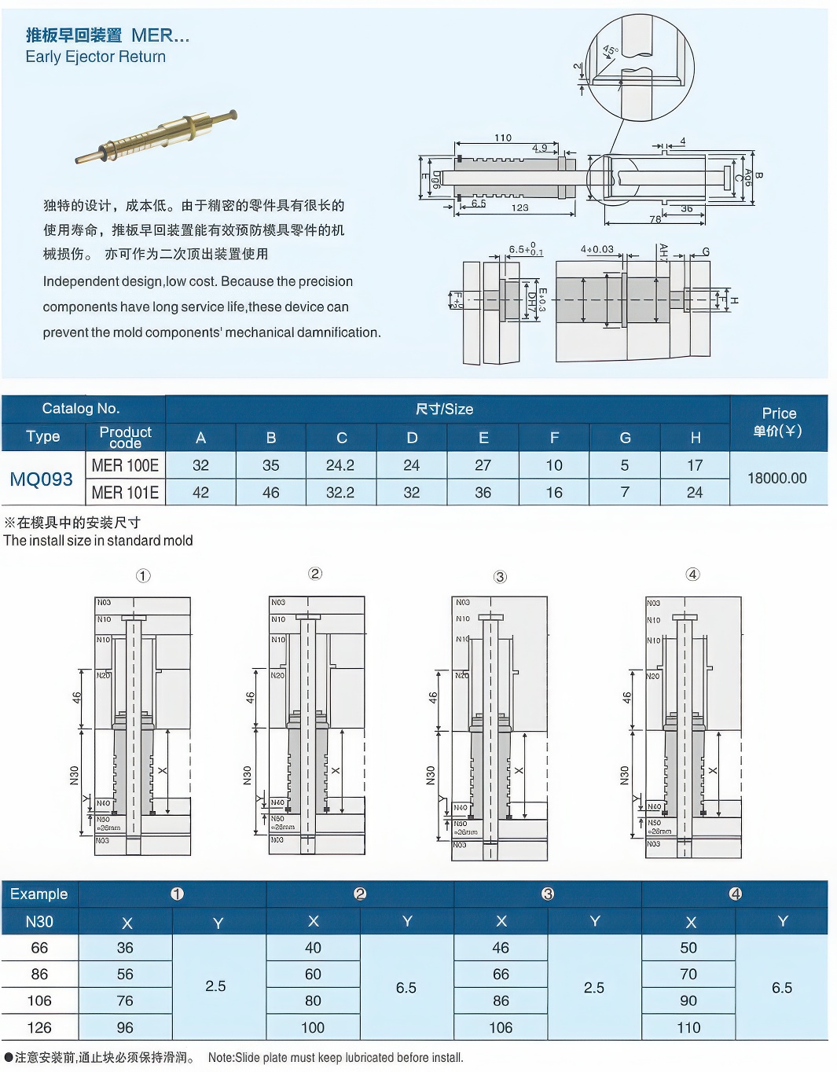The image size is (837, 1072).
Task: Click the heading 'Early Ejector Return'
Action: pyautogui.click(x=95, y=57)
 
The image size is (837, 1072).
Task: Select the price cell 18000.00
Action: pyautogui.click(x=776, y=478)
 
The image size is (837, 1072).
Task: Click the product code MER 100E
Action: pyautogui.click(x=125, y=465)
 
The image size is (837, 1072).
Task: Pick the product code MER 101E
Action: pyautogui.click(x=125, y=493)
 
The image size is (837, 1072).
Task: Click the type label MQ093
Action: pyautogui.click(x=42, y=479)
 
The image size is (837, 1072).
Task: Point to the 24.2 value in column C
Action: pyautogui.click(x=340, y=465)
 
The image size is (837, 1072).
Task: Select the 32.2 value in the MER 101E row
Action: pyautogui.click(x=340, y=493)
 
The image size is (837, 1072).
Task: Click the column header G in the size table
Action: pyautogui.click(x=625, y=438)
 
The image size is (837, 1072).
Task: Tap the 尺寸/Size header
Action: pyautogui.click(x=444, y=409)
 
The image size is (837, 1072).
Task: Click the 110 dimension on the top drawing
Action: pyautogui.click(x=503, y=138)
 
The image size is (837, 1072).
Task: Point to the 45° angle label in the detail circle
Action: pyautogui.click(x=611, y=51)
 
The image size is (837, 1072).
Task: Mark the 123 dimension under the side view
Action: pyautogui.click(x=519, y=208)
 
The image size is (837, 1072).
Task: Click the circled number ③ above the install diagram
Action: pyautogui.click(x=500, y=577)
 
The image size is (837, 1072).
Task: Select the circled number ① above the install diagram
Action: pyautogui.click(x=143, y=576)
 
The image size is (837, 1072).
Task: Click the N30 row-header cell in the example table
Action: pyautogui.click(x=39, y=922)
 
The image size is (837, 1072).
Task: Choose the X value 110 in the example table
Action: pyautogui.click(x=688, y=1027)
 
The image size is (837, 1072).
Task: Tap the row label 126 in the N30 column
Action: pyautogui.click(x=39, y=1027)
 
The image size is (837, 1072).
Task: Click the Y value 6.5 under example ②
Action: pyautogui.click(x=406, y=987)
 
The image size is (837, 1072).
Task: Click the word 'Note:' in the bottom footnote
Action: pyautogui.click(x=222, y=1058)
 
